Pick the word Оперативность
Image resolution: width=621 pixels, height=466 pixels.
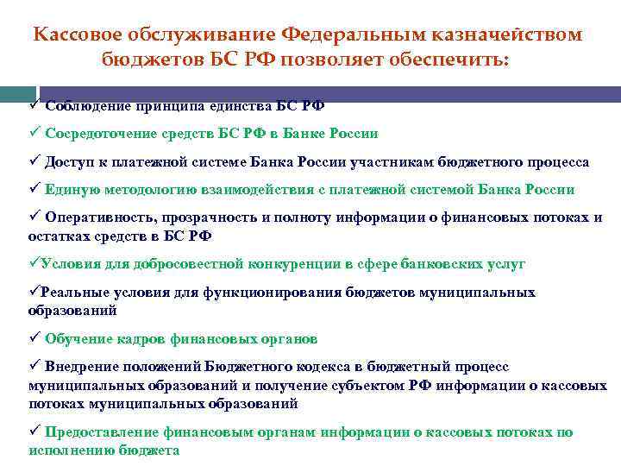94,217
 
